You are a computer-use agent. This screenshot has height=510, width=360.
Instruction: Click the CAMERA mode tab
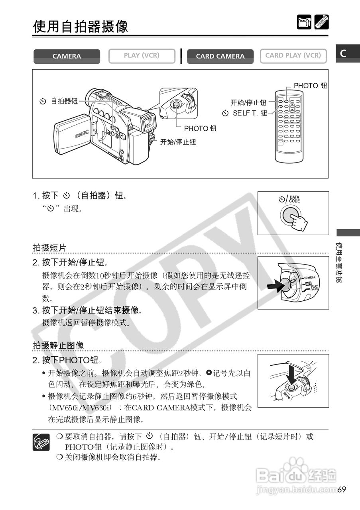pos(67,57)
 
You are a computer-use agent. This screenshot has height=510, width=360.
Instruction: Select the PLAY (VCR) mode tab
pos(142,56)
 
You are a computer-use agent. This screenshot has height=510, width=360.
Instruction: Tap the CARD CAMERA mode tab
pos(220,57)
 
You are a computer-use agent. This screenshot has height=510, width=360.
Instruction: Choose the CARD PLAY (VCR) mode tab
pos(293,56)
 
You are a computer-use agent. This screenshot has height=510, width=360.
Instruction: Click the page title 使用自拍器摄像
pos(81,26)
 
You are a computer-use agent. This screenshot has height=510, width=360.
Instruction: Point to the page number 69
pos(342,489)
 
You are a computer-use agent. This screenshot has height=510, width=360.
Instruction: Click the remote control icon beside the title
pos(321,22)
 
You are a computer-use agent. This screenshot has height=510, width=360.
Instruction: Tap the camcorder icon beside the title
pos(304,22)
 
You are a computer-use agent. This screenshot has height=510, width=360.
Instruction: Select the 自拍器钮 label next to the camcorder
pos(64,101)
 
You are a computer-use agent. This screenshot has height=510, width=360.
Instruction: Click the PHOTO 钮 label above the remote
pos(310,86)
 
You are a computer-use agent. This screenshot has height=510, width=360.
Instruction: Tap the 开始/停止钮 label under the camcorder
pos(178,142)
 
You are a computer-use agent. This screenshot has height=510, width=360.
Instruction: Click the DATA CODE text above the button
pos(295,199)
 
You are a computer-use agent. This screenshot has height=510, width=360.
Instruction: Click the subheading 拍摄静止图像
pos(58,345)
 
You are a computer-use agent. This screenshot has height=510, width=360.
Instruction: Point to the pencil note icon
pos(41,442)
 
